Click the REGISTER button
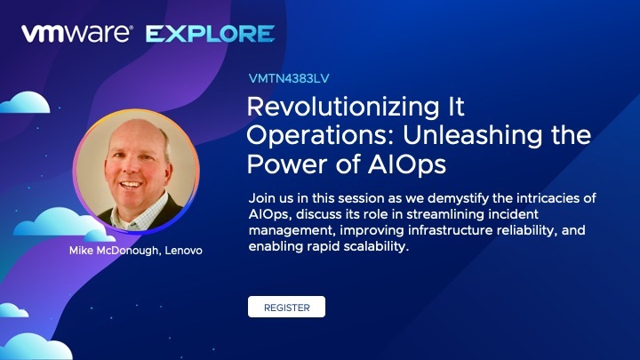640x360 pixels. pyautogui.click(x=286, y=307)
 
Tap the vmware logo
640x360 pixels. pyautogui.click(x=77, y=33)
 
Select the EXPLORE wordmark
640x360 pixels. pyautogui.click(x=210, y=34)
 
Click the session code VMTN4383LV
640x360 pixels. pyautogui.click(x=289, y=78)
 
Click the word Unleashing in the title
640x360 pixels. pyautogui.click(x=473, y=135)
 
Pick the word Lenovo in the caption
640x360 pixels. pyautogui.click(x=184, y=250)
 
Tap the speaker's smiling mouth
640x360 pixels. pyautogui.click(x=131, y=185)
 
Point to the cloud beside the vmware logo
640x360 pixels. pyautogui.click(x=25, y=103)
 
